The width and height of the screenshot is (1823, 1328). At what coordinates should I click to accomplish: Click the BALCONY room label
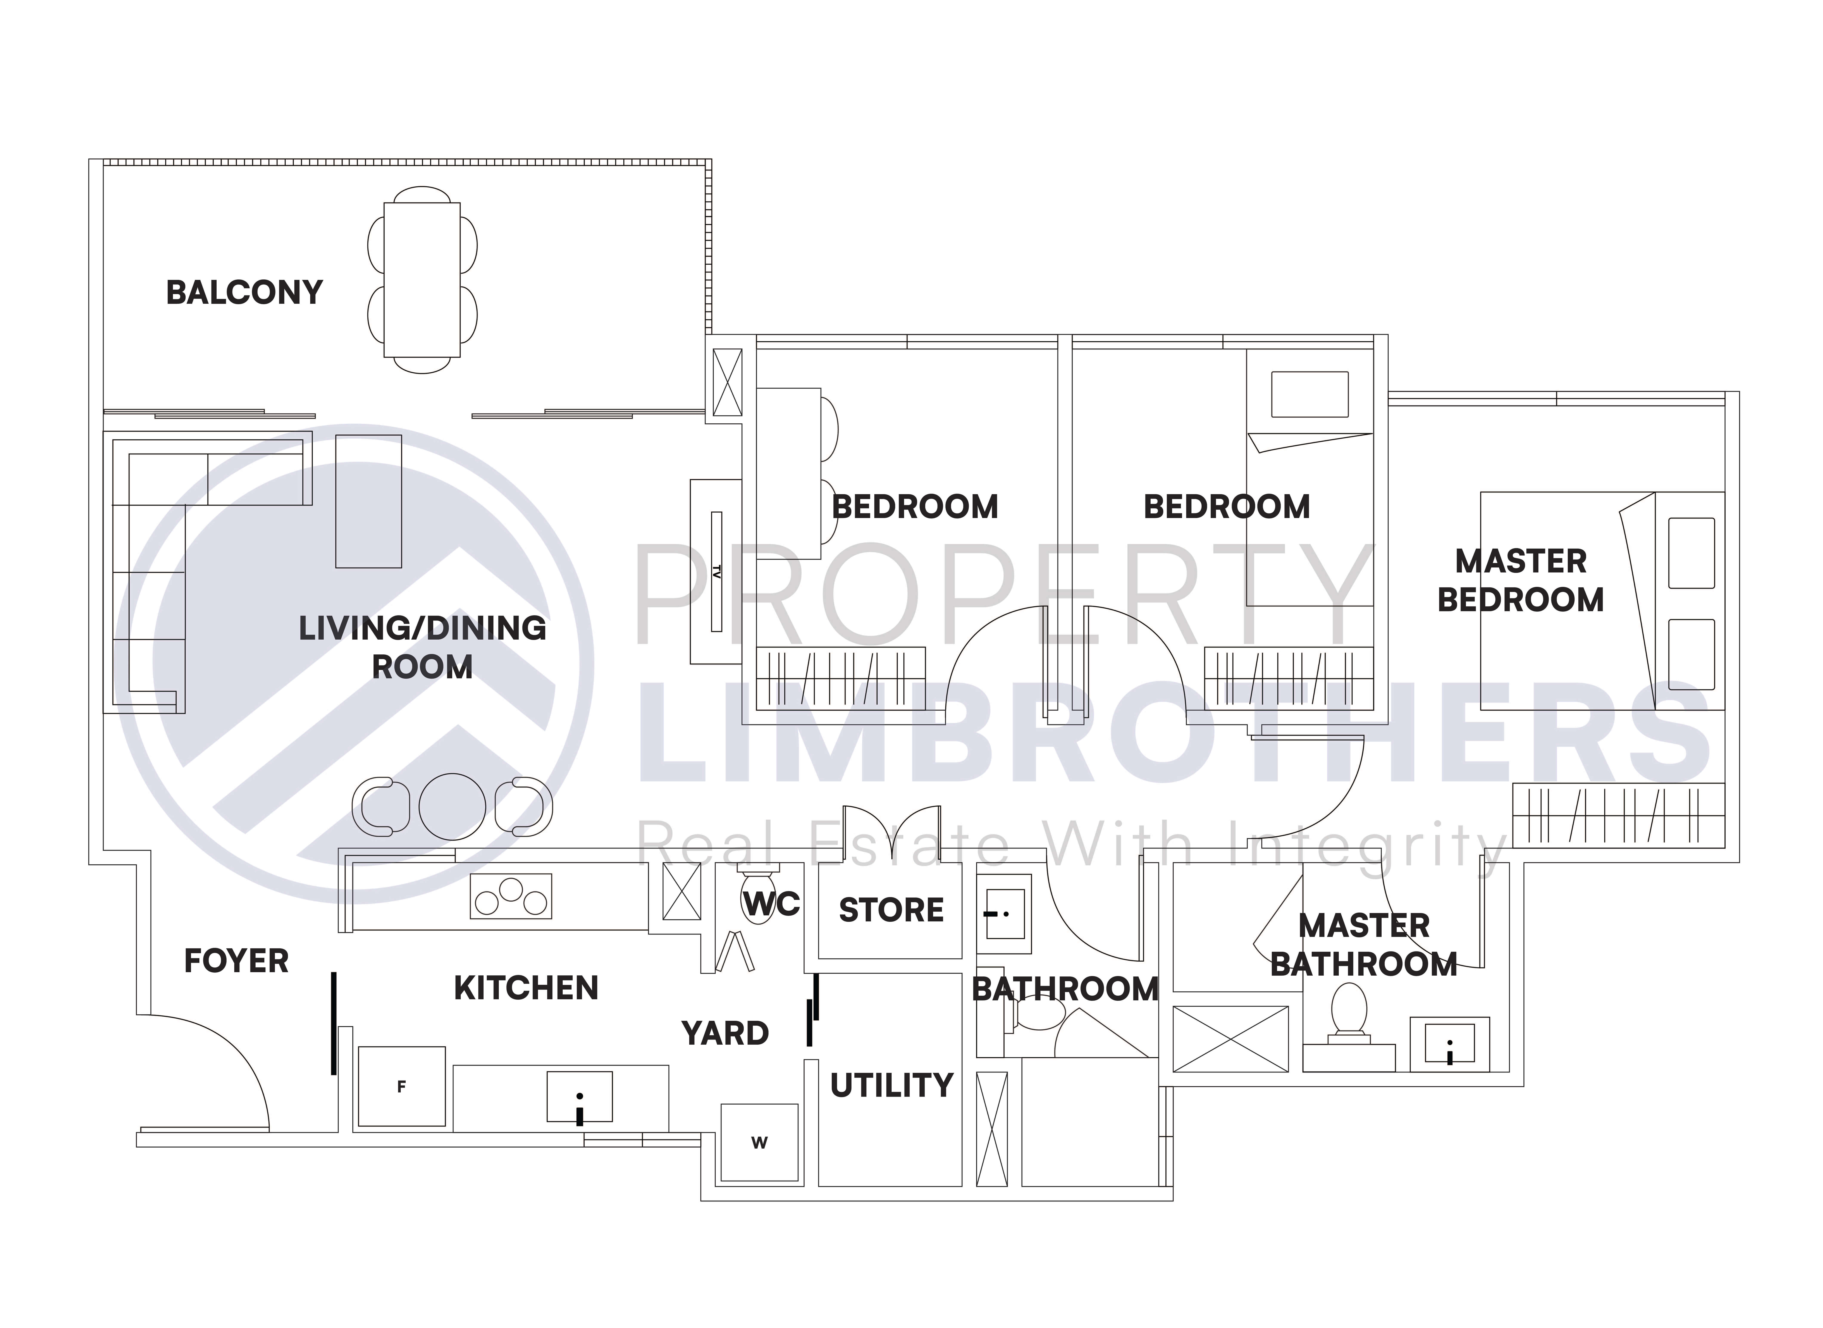point(244,293)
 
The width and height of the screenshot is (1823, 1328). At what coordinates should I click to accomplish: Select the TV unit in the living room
point(715,572)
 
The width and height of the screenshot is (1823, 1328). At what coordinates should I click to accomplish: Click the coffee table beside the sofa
point(368,502)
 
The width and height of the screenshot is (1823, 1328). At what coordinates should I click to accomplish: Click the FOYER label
point(236,961)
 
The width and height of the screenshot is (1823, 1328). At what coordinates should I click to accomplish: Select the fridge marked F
point(401,1086)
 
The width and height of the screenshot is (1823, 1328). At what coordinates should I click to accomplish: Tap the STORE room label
point(891,910)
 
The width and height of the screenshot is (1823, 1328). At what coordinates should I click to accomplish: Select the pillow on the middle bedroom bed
point(1309,394)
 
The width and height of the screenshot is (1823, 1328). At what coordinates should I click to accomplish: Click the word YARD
point(725,1033)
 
